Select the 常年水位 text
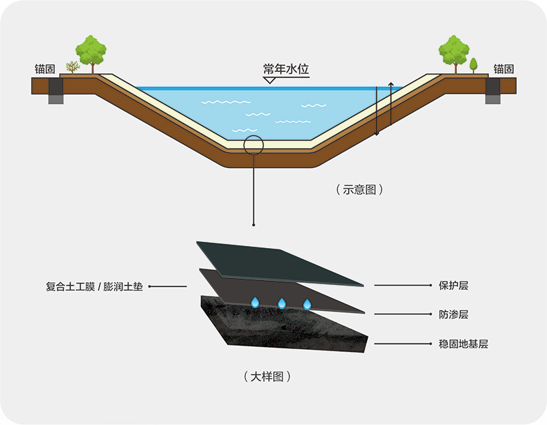(286, 69)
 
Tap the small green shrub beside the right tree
(473, 65)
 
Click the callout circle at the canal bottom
(253, 145)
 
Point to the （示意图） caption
(359, 190)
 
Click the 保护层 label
(453, 285)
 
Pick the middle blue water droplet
(281, 302)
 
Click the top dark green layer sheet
(280, 262)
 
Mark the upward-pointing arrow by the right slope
(390, 102)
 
